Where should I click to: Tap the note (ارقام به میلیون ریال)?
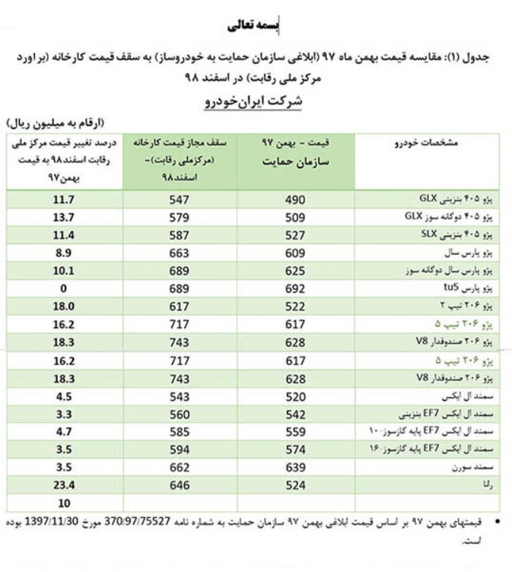56,122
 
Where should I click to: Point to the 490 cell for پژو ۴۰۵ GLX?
294,200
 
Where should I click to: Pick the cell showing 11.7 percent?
63,200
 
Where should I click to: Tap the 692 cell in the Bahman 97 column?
294,289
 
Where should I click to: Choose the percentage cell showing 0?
63,289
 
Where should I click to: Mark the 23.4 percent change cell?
63,485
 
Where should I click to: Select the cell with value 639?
294,466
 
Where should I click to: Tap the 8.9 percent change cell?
63,253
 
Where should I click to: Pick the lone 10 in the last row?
63,503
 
